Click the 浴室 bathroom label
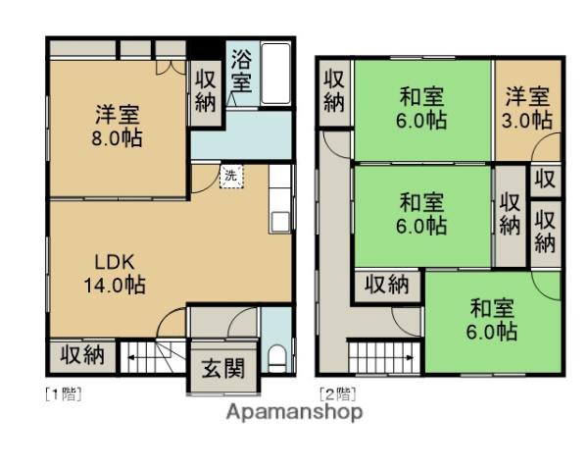241,71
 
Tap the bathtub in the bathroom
276,74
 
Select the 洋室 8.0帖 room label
117,127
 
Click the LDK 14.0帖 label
115,274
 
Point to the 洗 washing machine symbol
231,176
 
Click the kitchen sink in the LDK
279,222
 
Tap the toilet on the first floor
277,359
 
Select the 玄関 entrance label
223,368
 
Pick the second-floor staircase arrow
398,357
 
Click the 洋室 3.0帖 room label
527,108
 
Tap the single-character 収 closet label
545,180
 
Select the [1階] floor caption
64,394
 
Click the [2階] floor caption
338,394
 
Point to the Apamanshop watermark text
294,412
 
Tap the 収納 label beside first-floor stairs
82,354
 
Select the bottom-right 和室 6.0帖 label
492,320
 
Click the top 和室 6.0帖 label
421,108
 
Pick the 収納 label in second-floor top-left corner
334,91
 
